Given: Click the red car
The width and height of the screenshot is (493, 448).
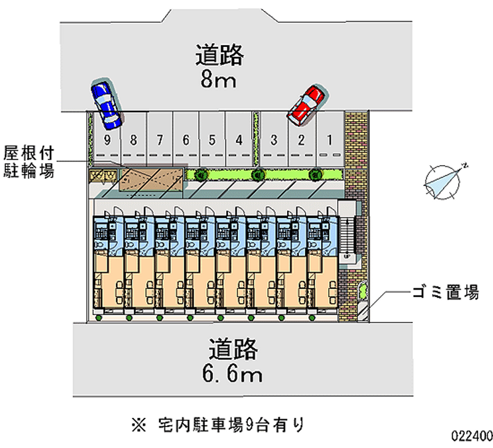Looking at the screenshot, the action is click(306, 104).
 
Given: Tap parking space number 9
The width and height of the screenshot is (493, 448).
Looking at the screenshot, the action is click(107, 139).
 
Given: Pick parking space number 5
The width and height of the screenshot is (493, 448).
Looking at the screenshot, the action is click(211, 139).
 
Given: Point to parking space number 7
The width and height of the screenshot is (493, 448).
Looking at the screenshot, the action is click(159, 139).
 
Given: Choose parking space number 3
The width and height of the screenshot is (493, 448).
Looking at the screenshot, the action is click(274, 139).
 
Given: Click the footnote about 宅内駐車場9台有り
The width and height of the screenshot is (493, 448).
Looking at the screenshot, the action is click(218, 424).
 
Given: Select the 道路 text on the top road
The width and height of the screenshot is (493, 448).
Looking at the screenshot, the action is click(219, 55).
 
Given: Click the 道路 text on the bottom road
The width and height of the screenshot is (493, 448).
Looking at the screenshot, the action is click(231, 349).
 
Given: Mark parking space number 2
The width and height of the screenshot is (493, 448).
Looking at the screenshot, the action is click(301, 139).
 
